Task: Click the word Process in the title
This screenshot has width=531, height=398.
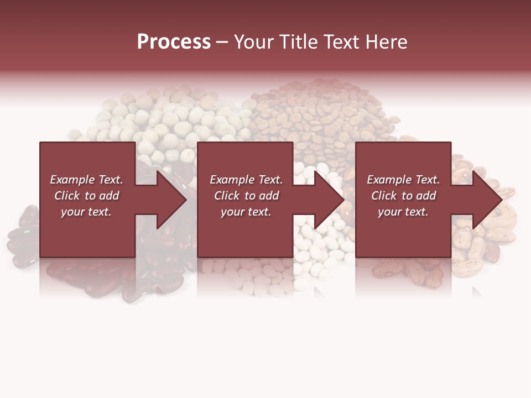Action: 174,41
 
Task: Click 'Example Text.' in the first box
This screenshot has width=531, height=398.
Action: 86,180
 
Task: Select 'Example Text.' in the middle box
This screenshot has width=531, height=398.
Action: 246,180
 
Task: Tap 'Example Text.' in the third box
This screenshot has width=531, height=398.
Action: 403,180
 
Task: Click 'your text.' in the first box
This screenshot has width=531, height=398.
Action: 86,212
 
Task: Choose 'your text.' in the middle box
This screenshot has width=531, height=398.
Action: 246,212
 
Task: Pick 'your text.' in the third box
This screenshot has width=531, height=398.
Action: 403,212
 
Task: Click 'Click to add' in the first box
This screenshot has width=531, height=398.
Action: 86,196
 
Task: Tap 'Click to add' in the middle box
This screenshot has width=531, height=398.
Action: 246,196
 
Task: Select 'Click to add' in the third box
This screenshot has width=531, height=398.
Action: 403,196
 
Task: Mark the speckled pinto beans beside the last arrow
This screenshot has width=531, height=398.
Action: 487,238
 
